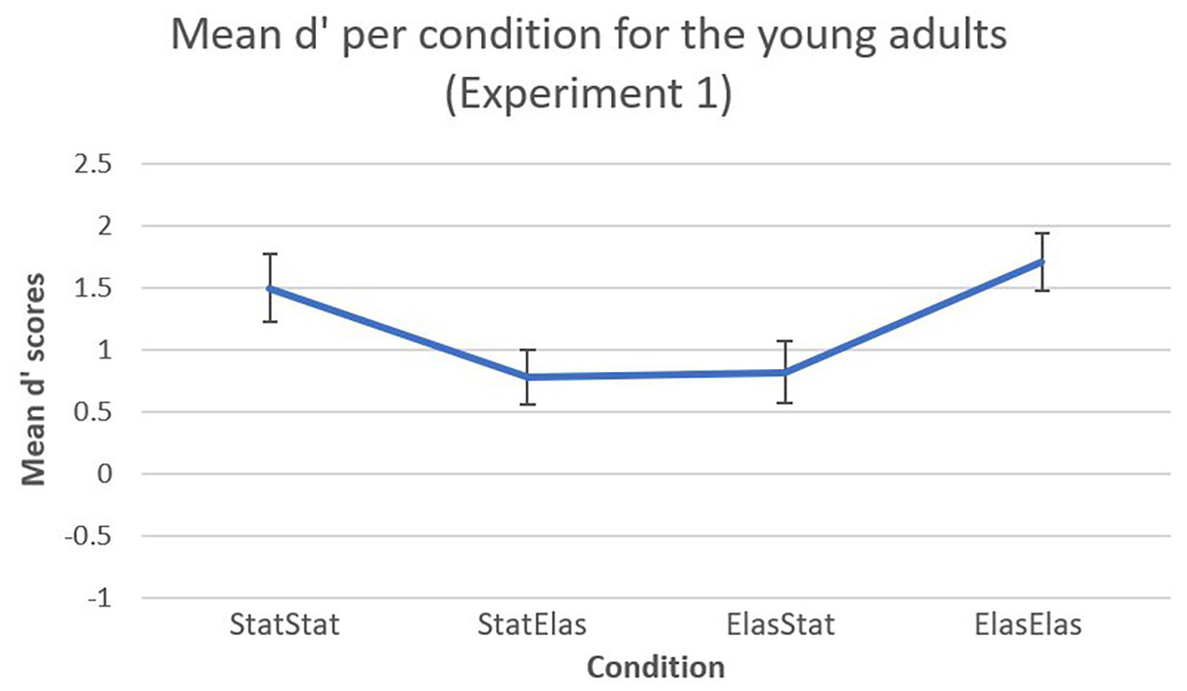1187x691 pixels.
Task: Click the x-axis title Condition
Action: (655, 666)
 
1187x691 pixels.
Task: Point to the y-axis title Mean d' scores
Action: (36, 381)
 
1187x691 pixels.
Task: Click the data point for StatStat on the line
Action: (272, 288)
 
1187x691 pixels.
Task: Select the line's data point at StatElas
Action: (528, 377)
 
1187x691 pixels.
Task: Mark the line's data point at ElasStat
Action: (784, 372)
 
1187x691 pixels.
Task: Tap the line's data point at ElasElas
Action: (1040, 261)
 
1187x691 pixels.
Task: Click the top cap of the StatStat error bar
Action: (272, 254)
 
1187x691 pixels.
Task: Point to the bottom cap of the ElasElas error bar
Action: (1040, 290)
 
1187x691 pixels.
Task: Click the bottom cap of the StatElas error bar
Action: (528, 404)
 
